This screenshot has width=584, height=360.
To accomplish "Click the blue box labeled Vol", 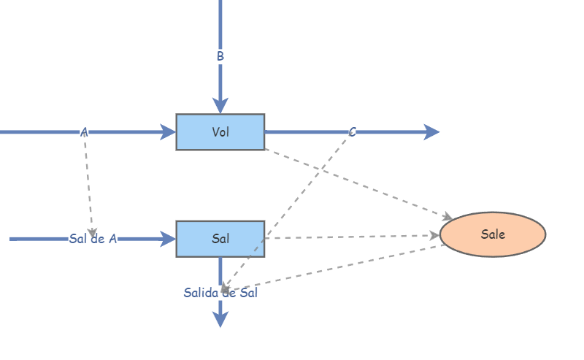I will pyautogui.click(x=220, y=132).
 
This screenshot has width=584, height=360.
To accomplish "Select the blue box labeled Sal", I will pyautogui.click(x=220, y=239).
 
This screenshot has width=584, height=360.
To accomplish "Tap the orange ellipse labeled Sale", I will pyautogui.click(x=493, y=234).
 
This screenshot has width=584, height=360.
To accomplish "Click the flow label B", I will pyautogui.click(x=220, y=56).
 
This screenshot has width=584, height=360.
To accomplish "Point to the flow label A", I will pyautogui.click(x=84, y=132).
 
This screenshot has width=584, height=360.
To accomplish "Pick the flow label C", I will pyautogui.click(x=353, y=132).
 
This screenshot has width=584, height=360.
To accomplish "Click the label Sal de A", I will pyautogui.click(x=93, y=239).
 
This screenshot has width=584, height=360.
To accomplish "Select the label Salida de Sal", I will pyautogui.click(x=220, y=293).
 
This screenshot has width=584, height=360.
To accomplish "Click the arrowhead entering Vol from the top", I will pyautogui.click(x=220, y=107).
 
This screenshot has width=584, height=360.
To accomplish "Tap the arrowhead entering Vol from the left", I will pyautogui.click(x=169, y=132).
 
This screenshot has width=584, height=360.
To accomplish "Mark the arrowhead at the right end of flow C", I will pyautogui.click(x=431, y=132).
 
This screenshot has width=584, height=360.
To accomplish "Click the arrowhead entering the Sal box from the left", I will pyautogui.click(x=169, y=239).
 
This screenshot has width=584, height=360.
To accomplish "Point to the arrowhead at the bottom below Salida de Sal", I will pyautogui.click(x=220, y=319).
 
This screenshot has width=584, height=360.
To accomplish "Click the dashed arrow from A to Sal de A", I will pyautogui.click(x=88, y=183).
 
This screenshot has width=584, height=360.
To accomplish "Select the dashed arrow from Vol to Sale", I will pyautogui.click(x=358, y=183).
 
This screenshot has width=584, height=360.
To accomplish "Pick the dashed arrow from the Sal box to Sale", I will pyautogui.click(x=350, y=237).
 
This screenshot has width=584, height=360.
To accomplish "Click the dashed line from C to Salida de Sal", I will pyautogui.click(x=292, y=204).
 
